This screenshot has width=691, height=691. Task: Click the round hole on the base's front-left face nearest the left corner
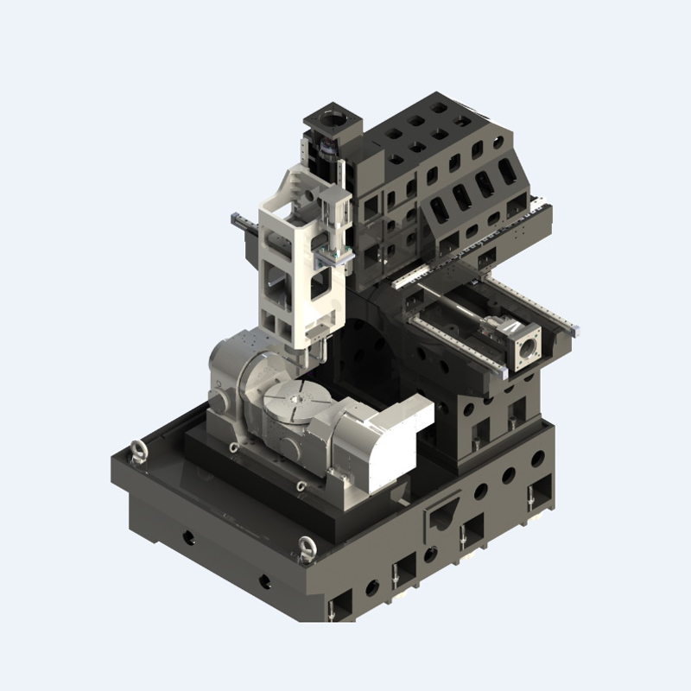187,537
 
